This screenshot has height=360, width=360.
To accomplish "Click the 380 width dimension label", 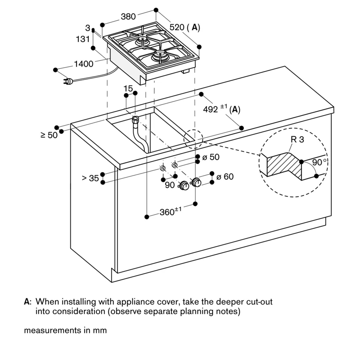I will [x=128, y=17].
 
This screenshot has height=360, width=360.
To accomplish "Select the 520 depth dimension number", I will [x=177, y=27].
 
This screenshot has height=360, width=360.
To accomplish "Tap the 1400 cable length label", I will [x=84, y=64].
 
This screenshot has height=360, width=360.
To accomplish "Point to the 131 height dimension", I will [x=83, y=39].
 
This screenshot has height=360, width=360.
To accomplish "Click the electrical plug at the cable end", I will [x=68, y=81].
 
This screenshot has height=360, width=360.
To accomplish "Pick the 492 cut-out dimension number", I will [x=211, y=109].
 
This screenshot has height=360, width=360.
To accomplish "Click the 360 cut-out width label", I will [x=167, y=212].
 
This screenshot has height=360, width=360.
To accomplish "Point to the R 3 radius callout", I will [x=297, y=140].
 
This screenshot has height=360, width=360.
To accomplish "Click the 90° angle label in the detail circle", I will [x=319, y=162].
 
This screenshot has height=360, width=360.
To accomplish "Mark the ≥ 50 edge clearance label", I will [x=49, y=135].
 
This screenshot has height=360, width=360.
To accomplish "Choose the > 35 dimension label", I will [x=90, y=178].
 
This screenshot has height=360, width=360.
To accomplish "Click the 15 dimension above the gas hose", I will [x=128, y=88].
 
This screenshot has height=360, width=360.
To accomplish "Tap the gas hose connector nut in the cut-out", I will [x=135, y=120].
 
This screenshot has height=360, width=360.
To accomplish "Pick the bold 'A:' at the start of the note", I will [x=28, y=301].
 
